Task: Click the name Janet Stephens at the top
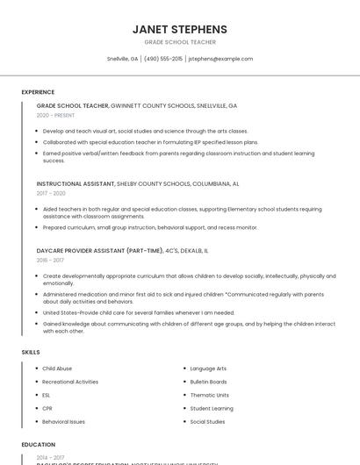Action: click(x=180, y=29)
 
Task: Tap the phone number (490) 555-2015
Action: click(x=163, y=59)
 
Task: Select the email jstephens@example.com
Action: click(x=221, y=59)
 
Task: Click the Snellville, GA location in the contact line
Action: click(x=123, y=59)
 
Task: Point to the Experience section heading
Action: click(x=38, y=92)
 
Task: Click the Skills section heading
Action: click(x=31, y=352)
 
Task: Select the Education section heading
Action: click(x=39, y=445)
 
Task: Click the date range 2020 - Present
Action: click(x=55, y=115)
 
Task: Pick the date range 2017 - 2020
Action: click(x=51, y=193)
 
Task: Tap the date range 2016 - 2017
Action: click(x=50, y=260)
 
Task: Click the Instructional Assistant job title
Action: click(x=76, y=184)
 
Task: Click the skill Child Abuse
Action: click(x=57, y=368)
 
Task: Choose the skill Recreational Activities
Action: click(x=70, y=382)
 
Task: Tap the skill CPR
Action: click(x=47, y=408)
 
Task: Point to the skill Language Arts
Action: click(x=208, y=368)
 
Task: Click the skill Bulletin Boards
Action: click(x=208, y=382)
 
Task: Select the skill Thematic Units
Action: click(x=209, y=395)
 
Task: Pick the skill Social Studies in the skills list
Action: click(x=207, y=422)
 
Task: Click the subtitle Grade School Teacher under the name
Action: click(x=180, y=42)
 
